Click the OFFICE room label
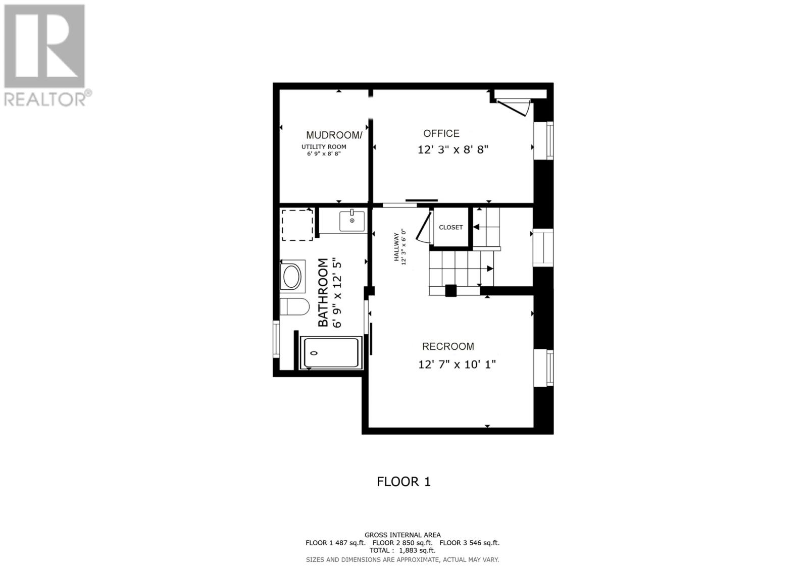pos(441,133)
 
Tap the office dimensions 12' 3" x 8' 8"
pos(452,150)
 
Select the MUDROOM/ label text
pos(334,135)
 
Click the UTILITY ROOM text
pos(324,147)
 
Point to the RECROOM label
pos(448,346)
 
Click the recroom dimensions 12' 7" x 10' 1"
pos(457,364)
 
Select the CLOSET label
pos(450,227)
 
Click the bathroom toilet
pos(294,306)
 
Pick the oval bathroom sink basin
pos(292,276)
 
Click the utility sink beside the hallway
pos(351,221)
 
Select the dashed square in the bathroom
pos(297,225)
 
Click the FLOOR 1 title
pos(403,482)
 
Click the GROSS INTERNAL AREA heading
pos(402,535)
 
